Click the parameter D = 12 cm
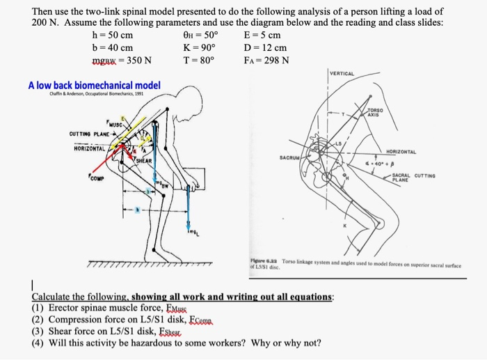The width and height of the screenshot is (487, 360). tap(265, 47)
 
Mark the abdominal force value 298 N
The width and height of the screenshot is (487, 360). tap(266, 60)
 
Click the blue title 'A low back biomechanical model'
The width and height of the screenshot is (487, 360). tap(94, 86)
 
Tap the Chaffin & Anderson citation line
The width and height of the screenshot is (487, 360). tap(86, 95)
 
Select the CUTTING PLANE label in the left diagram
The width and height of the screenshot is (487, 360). tap(92, 134)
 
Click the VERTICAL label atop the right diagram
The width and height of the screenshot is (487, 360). tap(342, 73)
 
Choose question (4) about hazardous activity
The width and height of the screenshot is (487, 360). tap(177, 343)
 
